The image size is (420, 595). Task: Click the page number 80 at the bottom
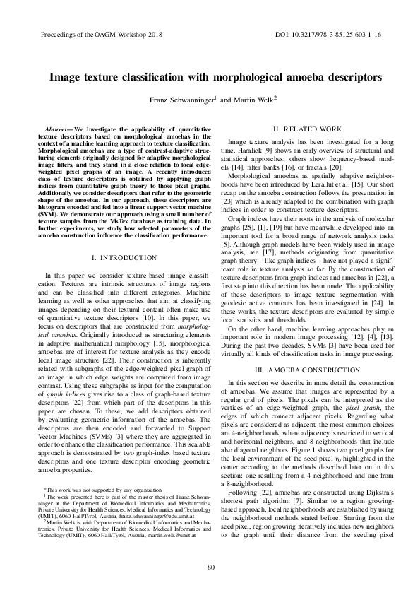pyautogui.click(x=210, y=568)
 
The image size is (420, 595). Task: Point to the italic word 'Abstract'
pyautogui.click(x=56, y=131)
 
